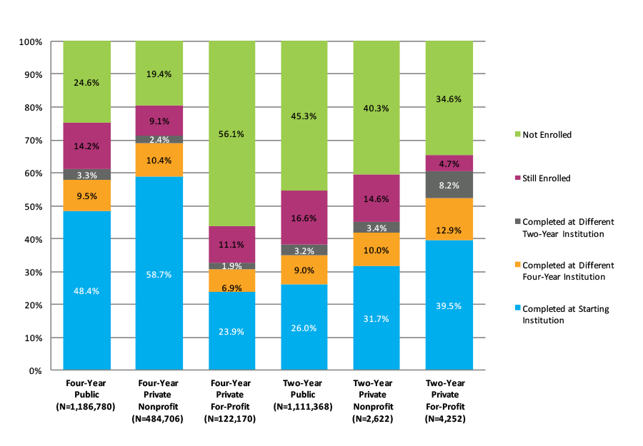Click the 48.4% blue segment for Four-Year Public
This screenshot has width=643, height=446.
tap(86, 290)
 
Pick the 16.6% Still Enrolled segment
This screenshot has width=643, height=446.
tap(304, 218)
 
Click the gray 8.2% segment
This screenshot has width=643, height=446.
tap(449, 184)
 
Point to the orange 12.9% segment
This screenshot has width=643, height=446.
tap(449, 219)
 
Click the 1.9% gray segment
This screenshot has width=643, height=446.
tap(231, 266)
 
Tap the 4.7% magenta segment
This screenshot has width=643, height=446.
tap(449, 163)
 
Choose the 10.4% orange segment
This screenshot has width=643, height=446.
tap(159, 160)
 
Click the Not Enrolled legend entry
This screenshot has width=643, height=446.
tap(547, 134)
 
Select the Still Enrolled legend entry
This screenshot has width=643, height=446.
tap(547, 178)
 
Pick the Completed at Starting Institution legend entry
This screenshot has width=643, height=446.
tap(564, 315)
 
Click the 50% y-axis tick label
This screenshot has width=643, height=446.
tap(32, 206)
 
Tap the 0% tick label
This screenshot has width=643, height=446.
tap(35, 371)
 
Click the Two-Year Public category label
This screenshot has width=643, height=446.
tap(304, 395)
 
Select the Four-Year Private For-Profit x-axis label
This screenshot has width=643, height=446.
tap(231, 400)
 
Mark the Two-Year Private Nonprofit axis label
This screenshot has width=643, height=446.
tap(377, 400)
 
